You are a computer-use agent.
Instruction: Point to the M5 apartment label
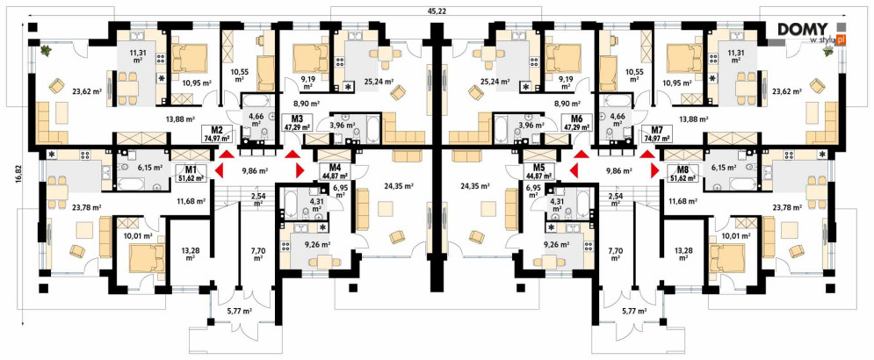538,168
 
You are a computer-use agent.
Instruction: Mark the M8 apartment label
682,169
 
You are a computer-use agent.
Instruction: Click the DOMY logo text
806,29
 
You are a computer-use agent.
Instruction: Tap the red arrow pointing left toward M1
219,169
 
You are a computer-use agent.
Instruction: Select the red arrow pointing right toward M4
300,169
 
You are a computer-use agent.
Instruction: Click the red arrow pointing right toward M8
654,169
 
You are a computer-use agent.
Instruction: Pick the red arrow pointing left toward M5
574,169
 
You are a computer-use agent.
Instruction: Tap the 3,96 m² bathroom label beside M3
343,126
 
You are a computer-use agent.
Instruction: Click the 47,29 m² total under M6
577,127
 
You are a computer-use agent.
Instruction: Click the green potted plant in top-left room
45,51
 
